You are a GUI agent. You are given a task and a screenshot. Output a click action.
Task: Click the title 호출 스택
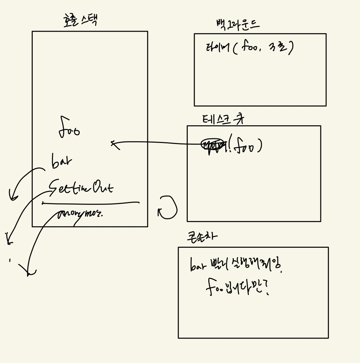pos(80,20)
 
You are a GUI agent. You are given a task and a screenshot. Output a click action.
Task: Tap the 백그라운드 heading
pos(237,24)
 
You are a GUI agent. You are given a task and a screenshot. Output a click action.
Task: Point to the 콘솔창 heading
pos(202,236)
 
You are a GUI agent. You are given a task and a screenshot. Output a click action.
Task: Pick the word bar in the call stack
pos(62,162)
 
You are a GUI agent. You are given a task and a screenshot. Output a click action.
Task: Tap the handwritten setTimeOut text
pos(81,187)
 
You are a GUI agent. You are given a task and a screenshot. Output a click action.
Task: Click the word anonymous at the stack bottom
pos(80,214)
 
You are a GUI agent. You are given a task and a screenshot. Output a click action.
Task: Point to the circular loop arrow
pos(168,208)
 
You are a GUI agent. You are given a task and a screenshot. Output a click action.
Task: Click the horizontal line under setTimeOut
pos(90,203)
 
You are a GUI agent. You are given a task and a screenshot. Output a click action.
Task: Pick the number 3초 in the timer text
pos(278,47)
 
